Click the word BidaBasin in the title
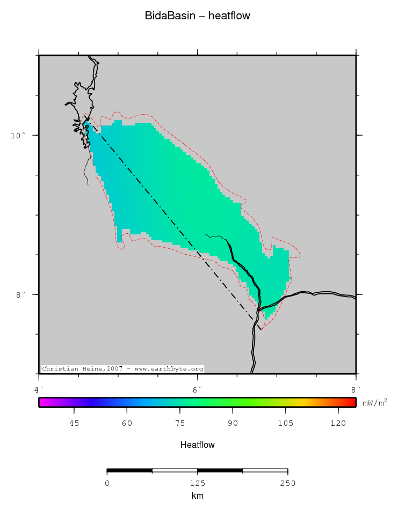point(168,16)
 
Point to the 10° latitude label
point(18,135)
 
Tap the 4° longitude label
point(39,389)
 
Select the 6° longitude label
point(197,389)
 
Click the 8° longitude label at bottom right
point(356,389)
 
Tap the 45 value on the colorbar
point(74,424)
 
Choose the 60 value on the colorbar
point(127,424)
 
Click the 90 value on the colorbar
point(233,424)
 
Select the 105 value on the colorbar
point(285,424)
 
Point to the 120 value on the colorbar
point(338,424)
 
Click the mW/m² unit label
point(374,402)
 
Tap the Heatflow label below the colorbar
point(198,445)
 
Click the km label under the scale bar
point(197,496)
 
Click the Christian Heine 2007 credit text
point(122,369)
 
